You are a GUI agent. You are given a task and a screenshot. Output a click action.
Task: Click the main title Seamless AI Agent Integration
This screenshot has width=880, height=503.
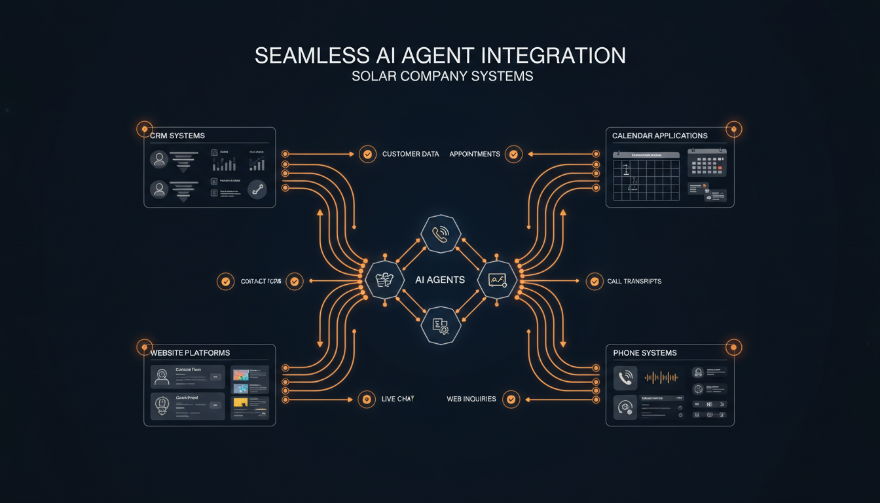tap(440, 55)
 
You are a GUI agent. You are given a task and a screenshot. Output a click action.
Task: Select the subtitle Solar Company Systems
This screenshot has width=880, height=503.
tap(442, 76)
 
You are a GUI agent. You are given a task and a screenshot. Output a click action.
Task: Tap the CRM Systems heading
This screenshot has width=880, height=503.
tap(177, 136)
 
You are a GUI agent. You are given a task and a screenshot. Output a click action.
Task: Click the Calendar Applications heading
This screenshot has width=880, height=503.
tap(659, 136)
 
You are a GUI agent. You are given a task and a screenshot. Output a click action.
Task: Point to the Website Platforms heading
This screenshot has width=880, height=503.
tap(190, 353)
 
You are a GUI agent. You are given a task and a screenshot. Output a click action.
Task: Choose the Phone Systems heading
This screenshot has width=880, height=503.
tap(644, 353)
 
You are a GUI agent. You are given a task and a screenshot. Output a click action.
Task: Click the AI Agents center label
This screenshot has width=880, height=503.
tap(440, 280)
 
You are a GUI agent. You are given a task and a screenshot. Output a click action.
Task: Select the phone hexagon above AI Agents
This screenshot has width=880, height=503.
tap(441, 234)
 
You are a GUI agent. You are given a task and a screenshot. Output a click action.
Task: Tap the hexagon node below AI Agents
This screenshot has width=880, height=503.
tap(441, 324)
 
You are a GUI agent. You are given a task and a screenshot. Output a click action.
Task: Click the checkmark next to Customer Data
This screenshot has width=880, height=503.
tap(367, 154)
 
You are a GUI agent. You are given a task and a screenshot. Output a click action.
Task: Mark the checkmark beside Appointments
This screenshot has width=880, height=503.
tap(514, 154)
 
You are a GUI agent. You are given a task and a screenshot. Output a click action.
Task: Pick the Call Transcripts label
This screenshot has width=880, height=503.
tap(634, 281)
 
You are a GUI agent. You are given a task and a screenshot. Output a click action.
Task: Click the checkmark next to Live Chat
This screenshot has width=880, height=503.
tap(367, 399)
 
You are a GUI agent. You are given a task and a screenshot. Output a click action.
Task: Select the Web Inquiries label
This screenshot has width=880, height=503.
tap(471, 399)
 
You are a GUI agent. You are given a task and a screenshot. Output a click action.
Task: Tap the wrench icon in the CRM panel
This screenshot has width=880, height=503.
tap(257, 190)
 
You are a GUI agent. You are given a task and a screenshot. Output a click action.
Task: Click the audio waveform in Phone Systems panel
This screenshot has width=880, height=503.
tap(661, 377)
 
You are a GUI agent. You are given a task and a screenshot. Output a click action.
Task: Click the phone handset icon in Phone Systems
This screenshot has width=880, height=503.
tap(625, 378)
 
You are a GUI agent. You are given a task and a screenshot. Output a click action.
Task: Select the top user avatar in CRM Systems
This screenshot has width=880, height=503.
tap(158, 159)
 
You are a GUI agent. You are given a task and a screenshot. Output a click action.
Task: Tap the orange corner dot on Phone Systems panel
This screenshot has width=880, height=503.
tap(733, 347)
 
